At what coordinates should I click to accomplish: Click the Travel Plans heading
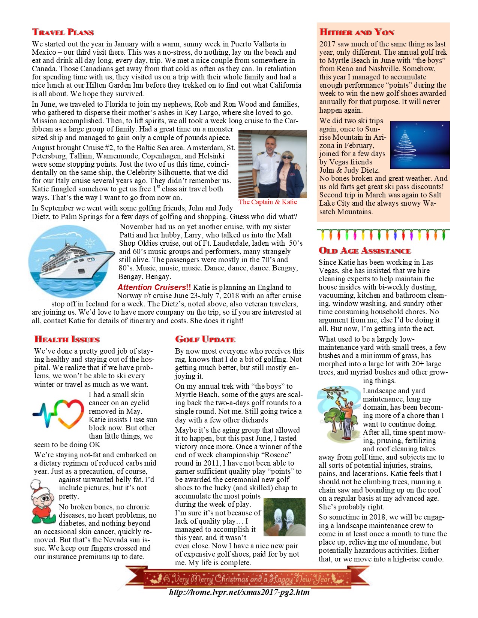tap(63, 32)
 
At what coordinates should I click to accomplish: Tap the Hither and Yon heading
tap(357, 32)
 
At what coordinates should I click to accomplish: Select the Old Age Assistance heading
tap(365, 251)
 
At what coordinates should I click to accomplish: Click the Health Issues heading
tap(67, 339)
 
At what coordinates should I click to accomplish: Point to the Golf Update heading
tap(205, 339)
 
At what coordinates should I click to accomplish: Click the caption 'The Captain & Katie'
tap(268, 202)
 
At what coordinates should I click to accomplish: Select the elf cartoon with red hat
tap(44, 502)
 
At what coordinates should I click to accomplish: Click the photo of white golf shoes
tap(284, 517)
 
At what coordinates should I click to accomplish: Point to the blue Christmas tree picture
tap(420, 145)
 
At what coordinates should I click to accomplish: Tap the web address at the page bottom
tap(239, 592)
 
